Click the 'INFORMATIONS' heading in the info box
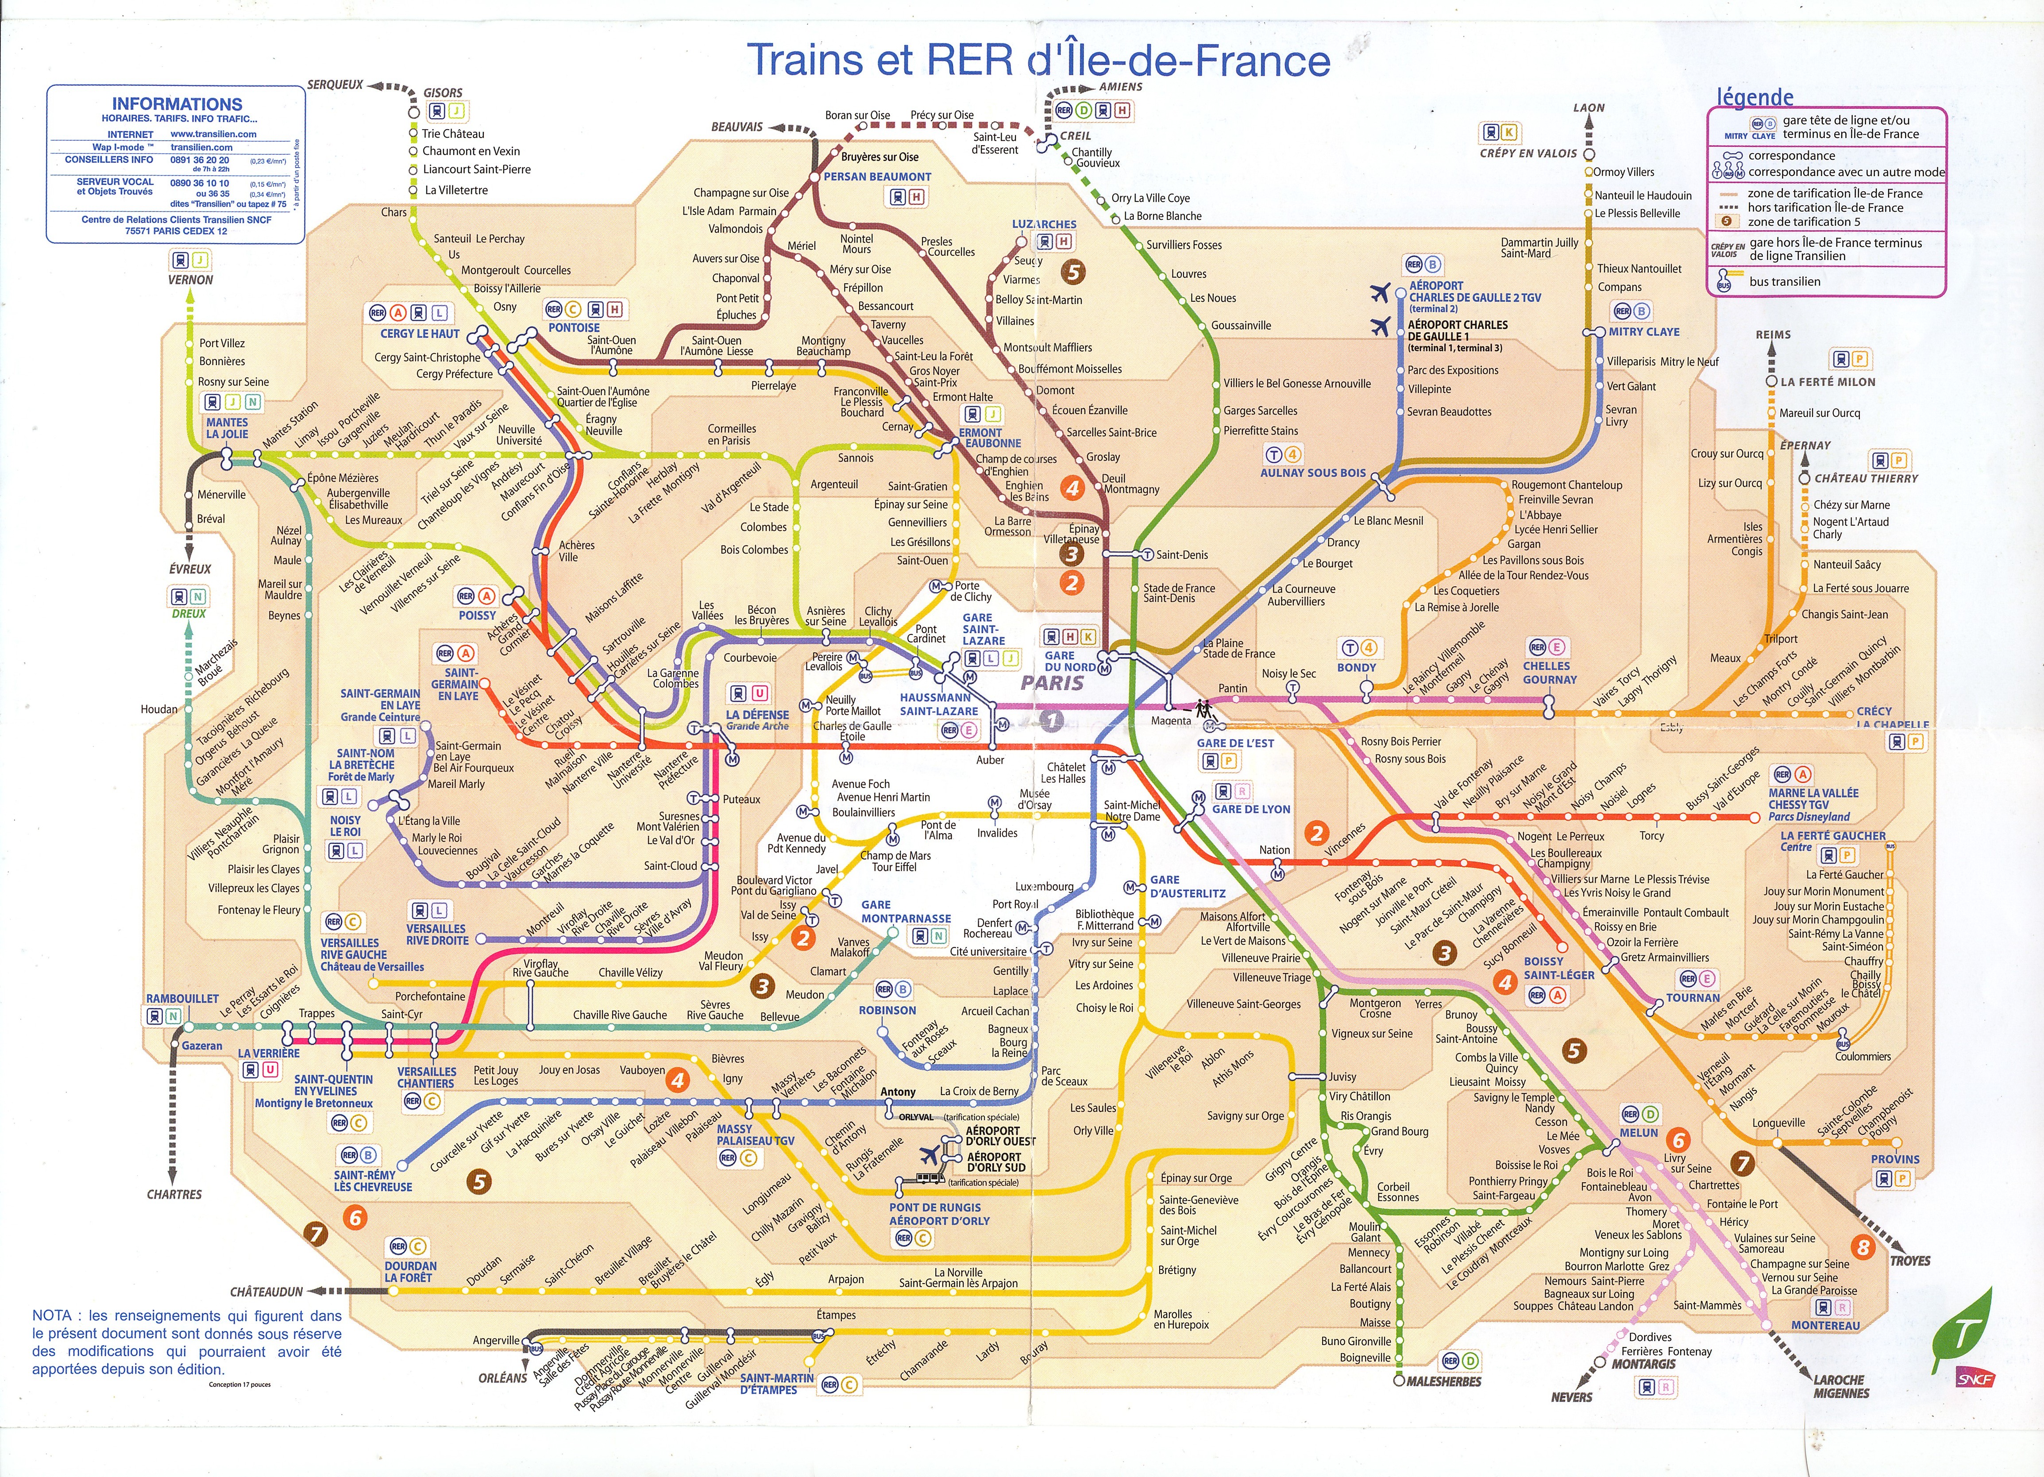click(x=177, y=104)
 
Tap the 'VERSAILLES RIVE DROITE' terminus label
click(x=436, y=935)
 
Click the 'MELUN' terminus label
click(x=1639, y=1133)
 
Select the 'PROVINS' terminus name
click(x=1895, y=1159)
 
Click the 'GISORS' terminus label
click(x=443, y=93)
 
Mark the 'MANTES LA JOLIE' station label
click(x=227, y=428)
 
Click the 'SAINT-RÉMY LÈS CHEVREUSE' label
click(x=372, y=1181)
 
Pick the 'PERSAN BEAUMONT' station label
click(x=877, y=177)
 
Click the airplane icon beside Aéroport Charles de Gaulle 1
click(x=1380, y=325)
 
